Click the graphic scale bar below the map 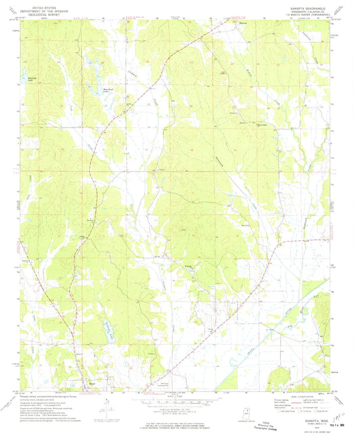(179, 399)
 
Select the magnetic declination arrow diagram (109, 405)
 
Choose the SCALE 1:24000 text (179, 395)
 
